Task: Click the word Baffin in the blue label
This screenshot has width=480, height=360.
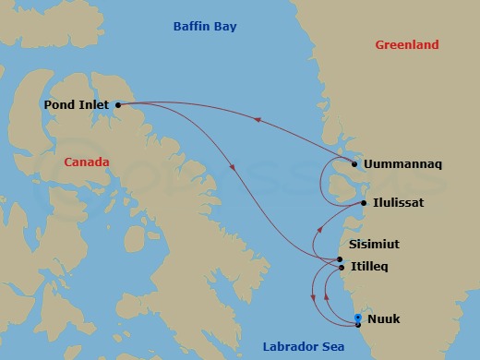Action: tap(194, 27)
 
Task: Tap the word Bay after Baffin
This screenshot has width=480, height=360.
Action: tap(225, 27)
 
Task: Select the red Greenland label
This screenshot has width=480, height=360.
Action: tap(407, 44)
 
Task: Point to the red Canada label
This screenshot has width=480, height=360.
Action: tap(87, 162)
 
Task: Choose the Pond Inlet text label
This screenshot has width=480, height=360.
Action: tap(77, 105)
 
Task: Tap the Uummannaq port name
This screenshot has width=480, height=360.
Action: tap(403, 164)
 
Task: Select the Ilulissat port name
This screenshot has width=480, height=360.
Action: tap(399, 202)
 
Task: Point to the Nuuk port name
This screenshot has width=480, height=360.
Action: tap(383, 319)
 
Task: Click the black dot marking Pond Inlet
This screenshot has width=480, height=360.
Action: tap(118, 105)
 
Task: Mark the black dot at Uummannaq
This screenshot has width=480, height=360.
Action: tap(354, 165)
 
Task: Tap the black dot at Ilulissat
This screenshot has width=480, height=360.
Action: tap(364, 203)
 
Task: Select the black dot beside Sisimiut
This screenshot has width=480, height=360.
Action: tap(341, 259)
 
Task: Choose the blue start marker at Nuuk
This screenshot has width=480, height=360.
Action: tap(357, 318)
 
